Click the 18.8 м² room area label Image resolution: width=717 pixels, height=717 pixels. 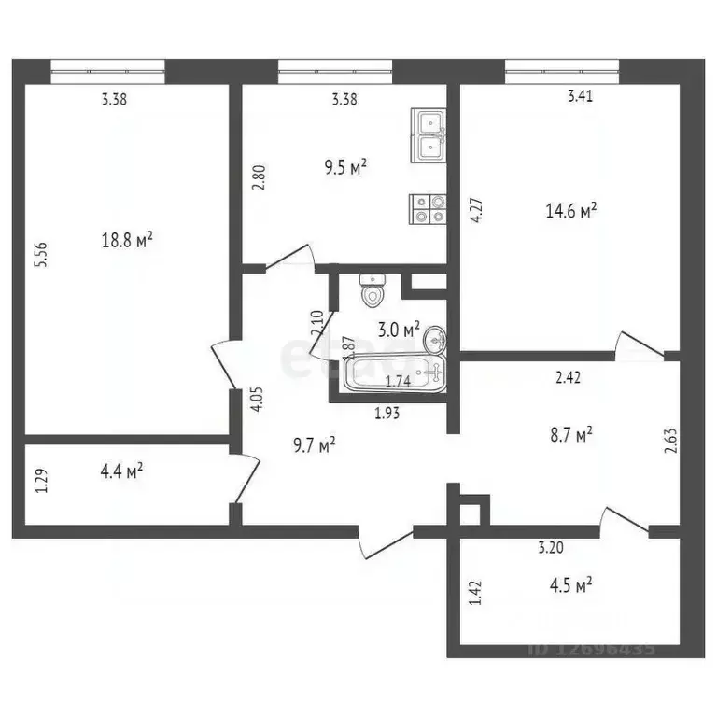127,240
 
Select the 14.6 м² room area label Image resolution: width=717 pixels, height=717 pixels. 570,212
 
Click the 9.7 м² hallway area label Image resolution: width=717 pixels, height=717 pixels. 314,446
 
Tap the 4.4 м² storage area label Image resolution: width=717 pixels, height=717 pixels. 121,472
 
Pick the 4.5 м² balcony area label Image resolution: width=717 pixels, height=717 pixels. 569,586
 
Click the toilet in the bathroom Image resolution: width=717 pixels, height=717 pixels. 374,290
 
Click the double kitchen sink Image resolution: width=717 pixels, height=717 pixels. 429,134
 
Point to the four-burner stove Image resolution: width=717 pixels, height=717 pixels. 429,208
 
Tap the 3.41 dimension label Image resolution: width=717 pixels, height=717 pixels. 581,94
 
